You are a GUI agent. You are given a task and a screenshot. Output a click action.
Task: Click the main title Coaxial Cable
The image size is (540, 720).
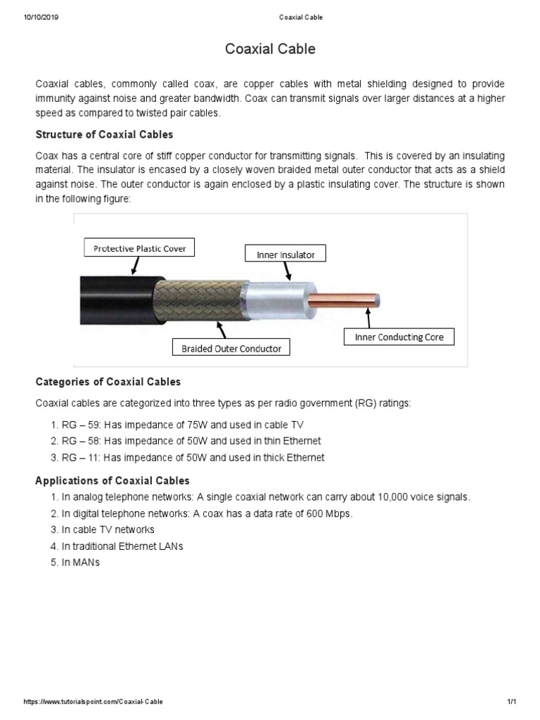270,49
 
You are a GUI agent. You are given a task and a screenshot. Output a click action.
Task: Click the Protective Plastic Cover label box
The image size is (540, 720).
139,247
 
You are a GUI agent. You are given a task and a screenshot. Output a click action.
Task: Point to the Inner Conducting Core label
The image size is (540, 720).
399,337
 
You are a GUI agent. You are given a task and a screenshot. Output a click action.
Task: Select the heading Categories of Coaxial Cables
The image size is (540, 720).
108,382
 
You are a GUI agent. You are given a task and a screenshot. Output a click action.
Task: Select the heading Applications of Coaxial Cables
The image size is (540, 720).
112,481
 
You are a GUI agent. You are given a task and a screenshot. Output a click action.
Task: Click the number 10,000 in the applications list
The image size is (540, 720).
371,497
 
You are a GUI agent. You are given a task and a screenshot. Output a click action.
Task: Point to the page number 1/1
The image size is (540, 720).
511,702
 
